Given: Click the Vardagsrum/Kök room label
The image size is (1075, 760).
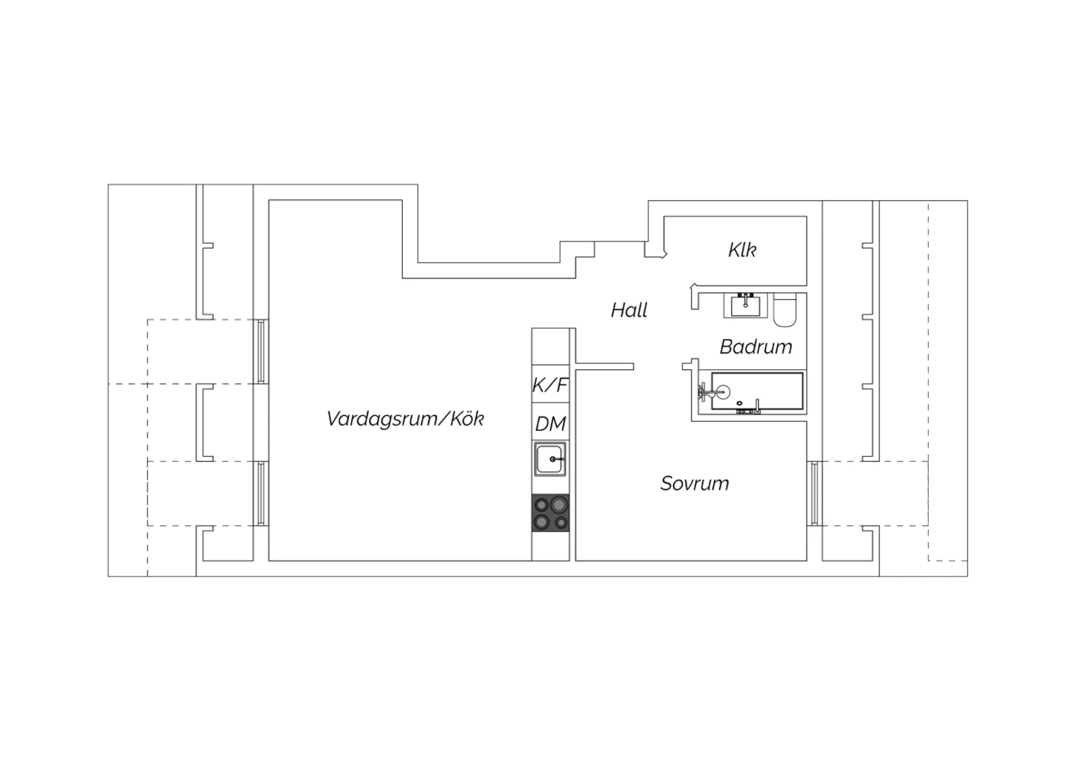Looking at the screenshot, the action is click(x=406, y=419).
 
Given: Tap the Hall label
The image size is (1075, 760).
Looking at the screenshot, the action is click(x=629, y=310).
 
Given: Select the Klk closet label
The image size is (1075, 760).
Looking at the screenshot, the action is click(x=742, y=250).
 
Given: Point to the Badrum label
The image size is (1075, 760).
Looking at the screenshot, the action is click(x=756, y=346).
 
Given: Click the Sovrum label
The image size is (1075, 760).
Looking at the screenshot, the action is click(x=695, y=483).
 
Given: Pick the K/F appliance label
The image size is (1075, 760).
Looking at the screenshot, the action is click(x=550, y=384).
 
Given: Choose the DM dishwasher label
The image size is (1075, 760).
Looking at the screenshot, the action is click(x=550, y=424).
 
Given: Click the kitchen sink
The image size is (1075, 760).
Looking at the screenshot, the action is click(x=550, y=460).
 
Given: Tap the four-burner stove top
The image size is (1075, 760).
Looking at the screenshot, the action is click(x=550, y=513).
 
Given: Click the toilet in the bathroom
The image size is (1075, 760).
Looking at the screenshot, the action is click(x=785, y=310).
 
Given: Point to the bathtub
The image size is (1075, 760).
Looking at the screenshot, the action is click(x=758, y=391).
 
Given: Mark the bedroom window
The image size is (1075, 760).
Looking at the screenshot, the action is click(x=814, y=493).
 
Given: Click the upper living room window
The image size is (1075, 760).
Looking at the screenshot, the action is click(x=261, y=351).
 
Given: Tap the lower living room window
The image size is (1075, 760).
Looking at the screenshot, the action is click(x=261, y=493).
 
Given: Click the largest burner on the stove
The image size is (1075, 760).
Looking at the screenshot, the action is click(x=558, y=505).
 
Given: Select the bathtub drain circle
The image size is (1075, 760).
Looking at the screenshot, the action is click(x=723, y=392).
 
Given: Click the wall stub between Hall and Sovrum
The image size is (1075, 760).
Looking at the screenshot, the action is click(x=605, y=366).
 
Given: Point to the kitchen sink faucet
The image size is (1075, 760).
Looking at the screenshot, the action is click(x=557, y=460).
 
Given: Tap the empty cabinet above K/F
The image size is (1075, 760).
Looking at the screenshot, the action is click(x=550, y=346).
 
